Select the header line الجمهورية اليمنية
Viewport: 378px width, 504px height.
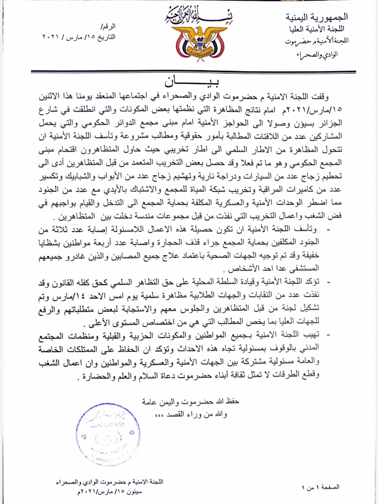(317, 17)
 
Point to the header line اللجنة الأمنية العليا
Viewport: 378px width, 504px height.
(317, 29)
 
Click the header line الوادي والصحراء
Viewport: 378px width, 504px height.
(317, 55)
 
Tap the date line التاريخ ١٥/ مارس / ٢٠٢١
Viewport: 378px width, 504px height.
(79, 37)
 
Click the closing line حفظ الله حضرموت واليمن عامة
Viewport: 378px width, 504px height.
(190, 401)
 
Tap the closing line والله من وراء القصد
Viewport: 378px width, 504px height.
(191, 414)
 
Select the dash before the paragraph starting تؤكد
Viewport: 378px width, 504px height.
(329, 281)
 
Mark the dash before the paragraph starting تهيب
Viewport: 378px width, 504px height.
(329, 334)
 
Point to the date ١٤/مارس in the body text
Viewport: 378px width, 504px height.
(67, 295)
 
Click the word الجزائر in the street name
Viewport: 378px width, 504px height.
(331, 123)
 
